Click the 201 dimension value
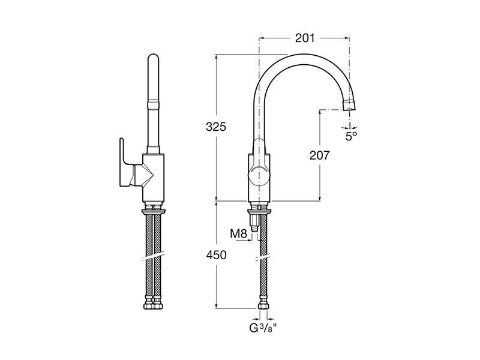pyautogui.click(x=305, y=38)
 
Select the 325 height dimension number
pyautogui.click(x=216, y=127)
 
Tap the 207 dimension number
pyautogui.click(x=320, y=155)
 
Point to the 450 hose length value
pyautogui.click(x=216, y=254)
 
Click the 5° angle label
pyautogui.click(x=352, y=136)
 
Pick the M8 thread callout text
pyautogui.click(x=238, y=234)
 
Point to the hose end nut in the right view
pyautogui.click(x=263, y=305)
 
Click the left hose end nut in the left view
pyautogui.click(x=148, y=305)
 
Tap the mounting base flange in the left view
pyautogui.click(x=153, y=211)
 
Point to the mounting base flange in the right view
pyautogui.click(x=259, y=211)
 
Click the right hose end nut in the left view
pyautogui.click(x=158, y=305)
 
